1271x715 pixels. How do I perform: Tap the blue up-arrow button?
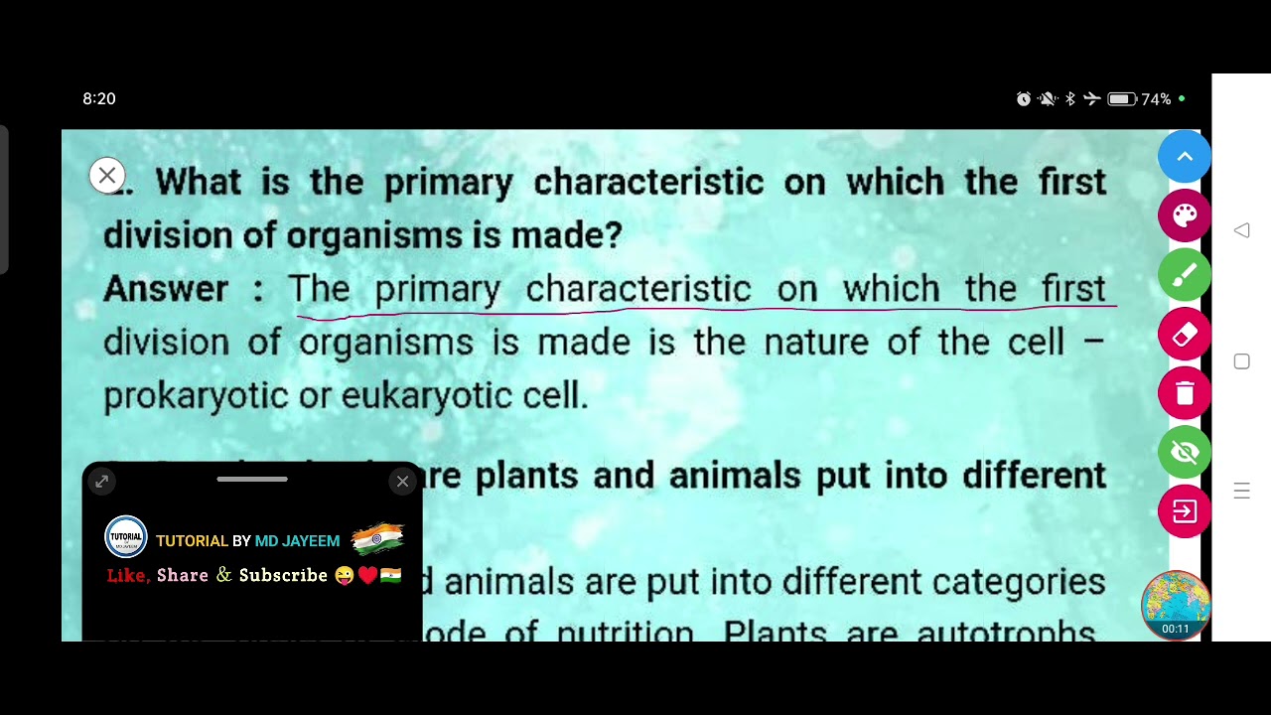(x=1185, y=157)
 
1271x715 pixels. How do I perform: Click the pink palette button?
(x=1185, y=215)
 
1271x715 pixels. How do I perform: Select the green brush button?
(x=1185, y=275)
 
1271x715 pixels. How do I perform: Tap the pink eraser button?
(x=1185, y=335)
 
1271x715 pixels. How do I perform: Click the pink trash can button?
(x=1185, y=393)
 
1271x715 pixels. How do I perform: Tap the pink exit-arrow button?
(x=1185, y=511)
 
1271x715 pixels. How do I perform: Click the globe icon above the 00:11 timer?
(x=1176, y=599)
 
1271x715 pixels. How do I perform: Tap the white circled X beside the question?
(x=107, y=176)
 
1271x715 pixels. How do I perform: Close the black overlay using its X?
(x=402, y=482)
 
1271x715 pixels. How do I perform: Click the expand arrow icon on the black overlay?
(x=102, y=482)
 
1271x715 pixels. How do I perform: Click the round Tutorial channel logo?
(x=126, y=538)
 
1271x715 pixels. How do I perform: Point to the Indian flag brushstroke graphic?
(x=377, y=537)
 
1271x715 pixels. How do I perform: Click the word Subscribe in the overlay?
(x=283, y=575)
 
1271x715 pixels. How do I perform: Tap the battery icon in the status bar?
(x=1122, y=99)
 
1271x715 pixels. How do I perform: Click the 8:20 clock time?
(x=99, y=99)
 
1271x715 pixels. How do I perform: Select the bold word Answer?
(x=166, y=289)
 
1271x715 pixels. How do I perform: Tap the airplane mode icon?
(x=1092, y=99)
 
